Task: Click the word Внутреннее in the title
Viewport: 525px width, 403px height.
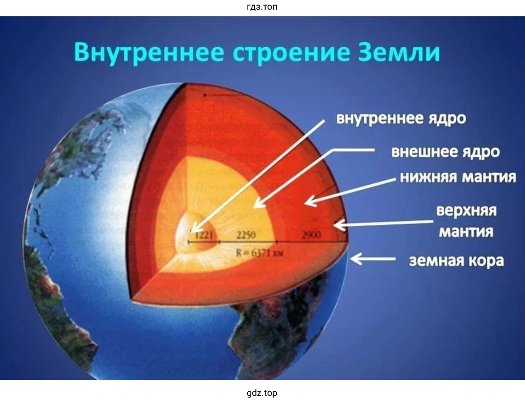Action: pos(149,52)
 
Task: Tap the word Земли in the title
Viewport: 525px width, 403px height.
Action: pos(399,52)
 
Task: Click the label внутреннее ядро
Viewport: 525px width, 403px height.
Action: pos(401,119)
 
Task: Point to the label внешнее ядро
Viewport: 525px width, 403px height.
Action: pos(445,152)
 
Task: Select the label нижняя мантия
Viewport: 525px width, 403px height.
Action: pos(458,177)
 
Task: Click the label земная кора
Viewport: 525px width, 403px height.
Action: pos(456,261)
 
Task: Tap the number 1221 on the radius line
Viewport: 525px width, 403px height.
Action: pos(204,235)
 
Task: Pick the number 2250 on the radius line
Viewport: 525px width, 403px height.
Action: pos(246,235)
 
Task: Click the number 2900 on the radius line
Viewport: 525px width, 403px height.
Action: pos(311,235)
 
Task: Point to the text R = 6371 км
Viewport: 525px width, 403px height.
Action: pos(259,253)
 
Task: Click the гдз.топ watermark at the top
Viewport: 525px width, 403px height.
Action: pos(262,7)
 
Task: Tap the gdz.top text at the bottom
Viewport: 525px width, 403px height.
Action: pos(262,393)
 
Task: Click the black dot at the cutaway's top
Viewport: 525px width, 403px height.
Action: pos(205,95)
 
